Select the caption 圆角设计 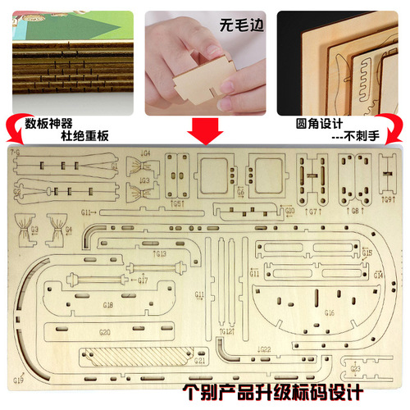point(321,124)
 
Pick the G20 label point(104,333)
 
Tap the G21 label point(199,360)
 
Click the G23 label point(355,368)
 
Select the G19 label point(19,380)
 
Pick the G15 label point(377,253)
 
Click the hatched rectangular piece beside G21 point(131,358)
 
